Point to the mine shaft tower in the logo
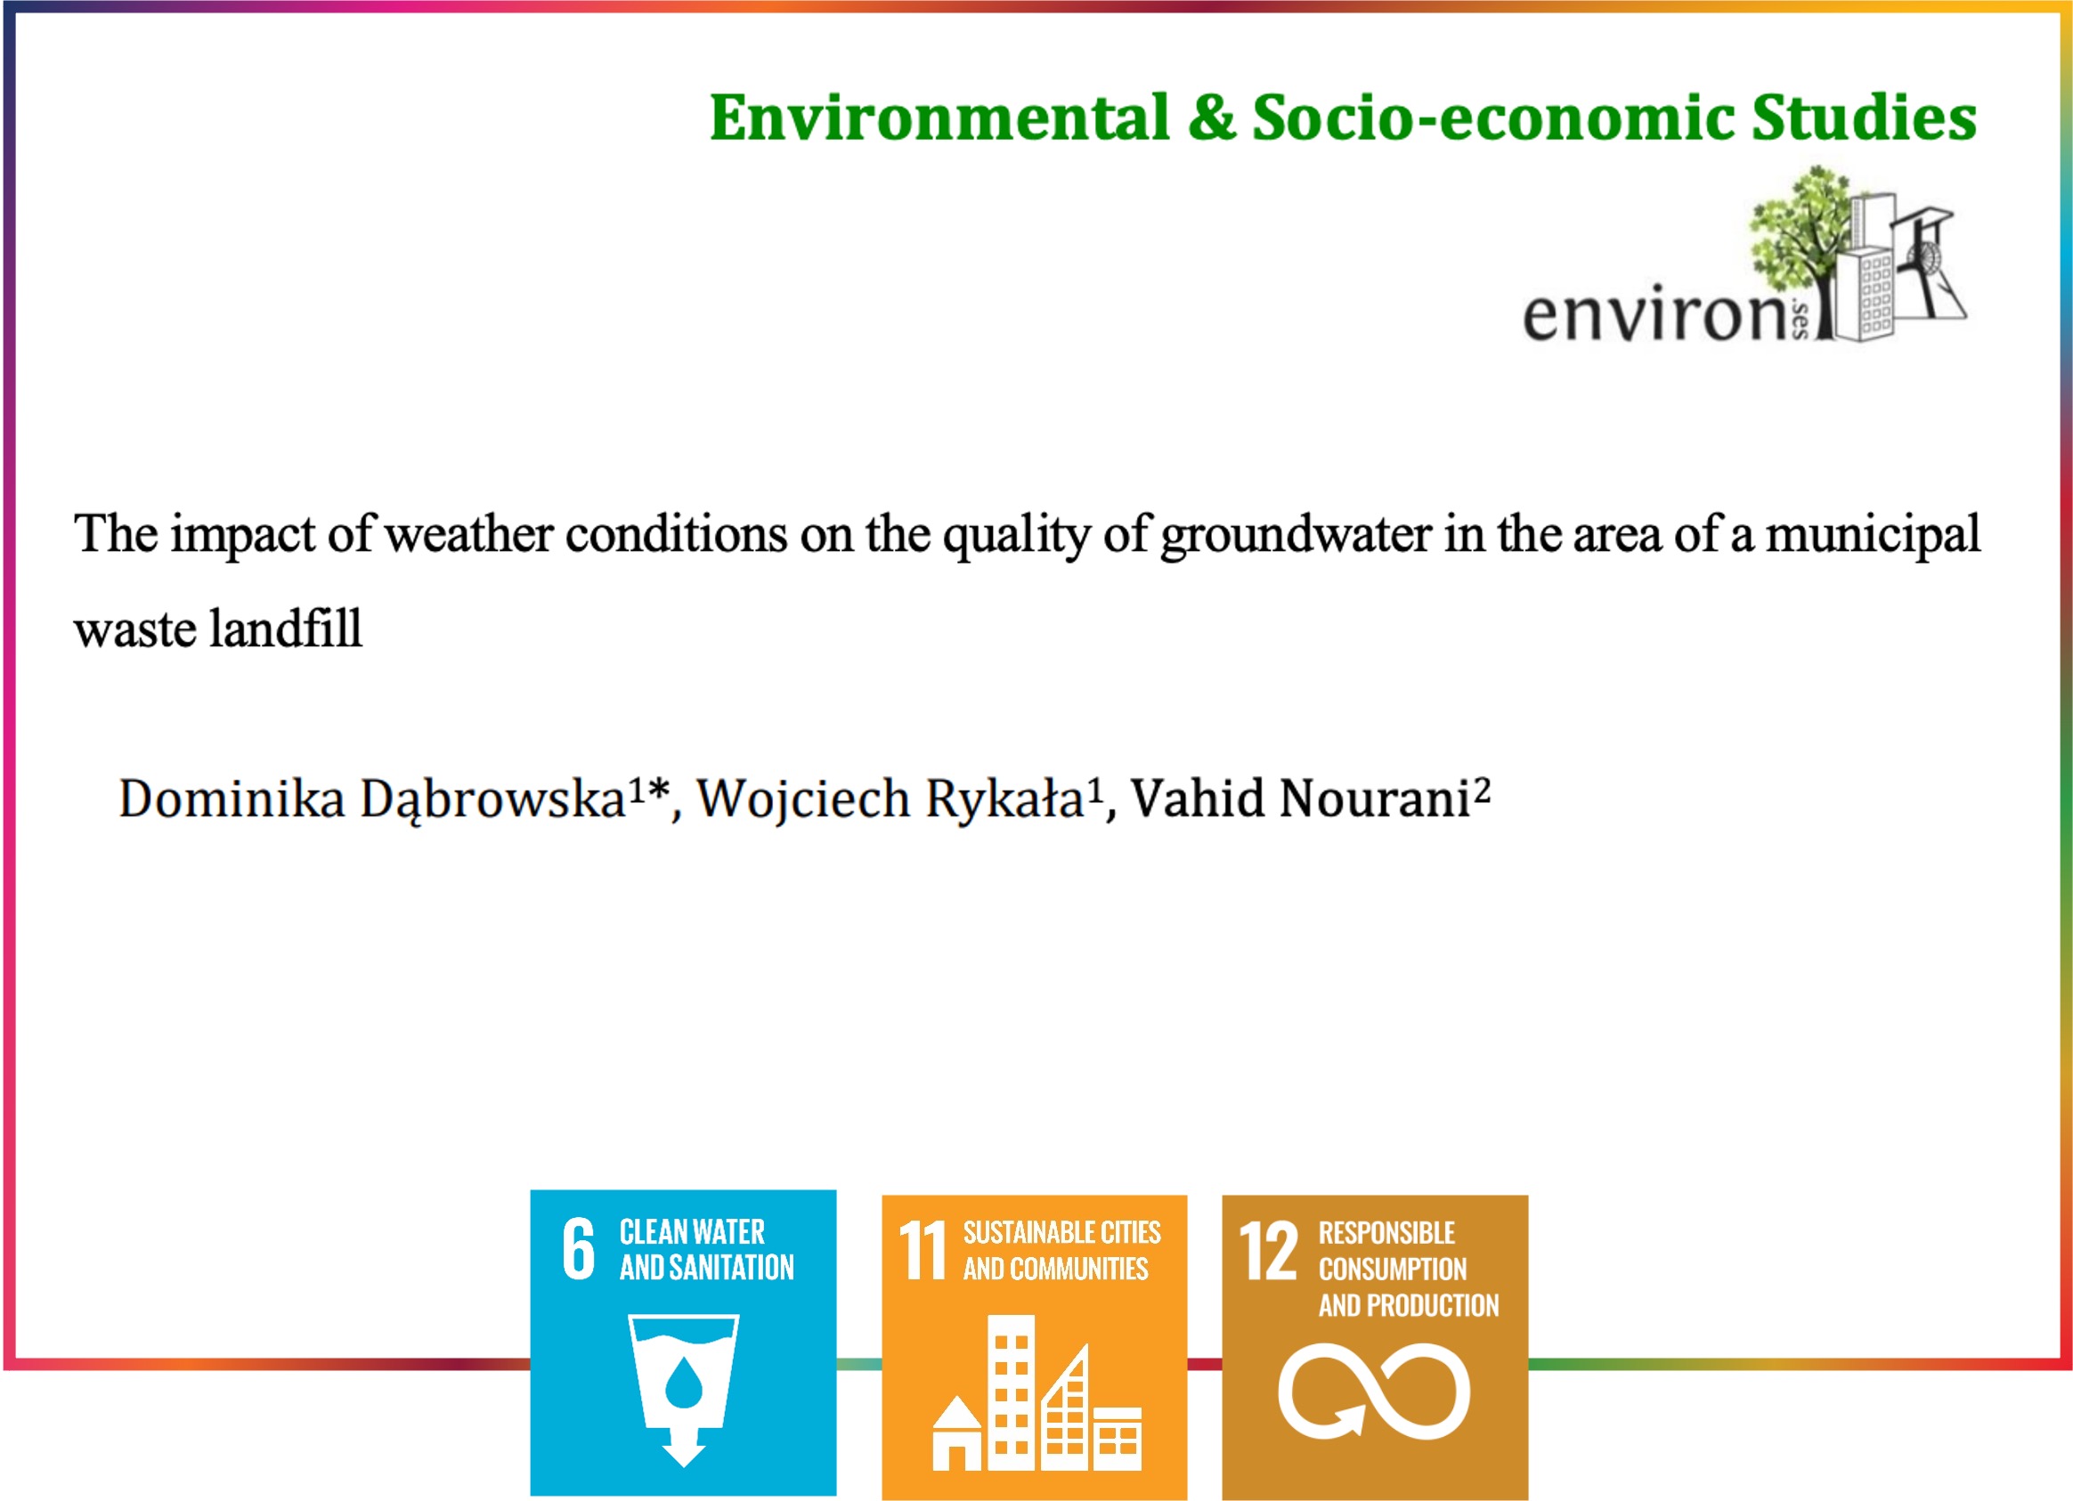click(x=1928, y=265)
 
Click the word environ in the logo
click(x=1654, y=314)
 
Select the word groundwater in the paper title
click(x=1295, y=534)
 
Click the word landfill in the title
click(x=285, y=629)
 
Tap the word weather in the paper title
click(x=468, y=533)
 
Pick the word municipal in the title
click(x=1873, y=534)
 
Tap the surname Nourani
click(x=1376, y=799)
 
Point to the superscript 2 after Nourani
click(x=1482, y=788)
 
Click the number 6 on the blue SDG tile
click(x=578, y=1248)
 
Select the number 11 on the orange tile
click(x=922, y=1250)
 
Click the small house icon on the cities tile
click(x=957, y=1432)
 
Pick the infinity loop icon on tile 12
click(x=1373, y=1391)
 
